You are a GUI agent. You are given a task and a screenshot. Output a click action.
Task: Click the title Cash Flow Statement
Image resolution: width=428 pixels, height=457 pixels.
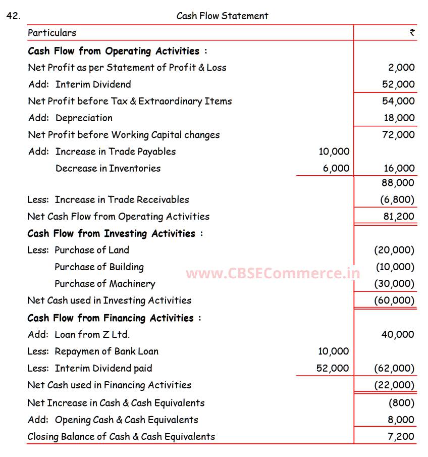point(222,16)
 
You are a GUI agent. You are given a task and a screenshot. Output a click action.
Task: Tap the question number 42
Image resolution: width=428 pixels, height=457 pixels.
point(13,16)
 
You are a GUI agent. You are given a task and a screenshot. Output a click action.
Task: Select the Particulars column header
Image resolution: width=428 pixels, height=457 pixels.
point(52,33)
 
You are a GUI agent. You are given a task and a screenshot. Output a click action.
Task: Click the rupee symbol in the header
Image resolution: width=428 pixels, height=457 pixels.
point(412,32)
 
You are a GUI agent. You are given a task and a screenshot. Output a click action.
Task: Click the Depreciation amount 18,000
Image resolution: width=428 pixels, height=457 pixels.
point(399,118)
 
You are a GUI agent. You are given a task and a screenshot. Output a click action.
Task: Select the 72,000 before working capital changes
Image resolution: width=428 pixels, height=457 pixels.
point(398,135)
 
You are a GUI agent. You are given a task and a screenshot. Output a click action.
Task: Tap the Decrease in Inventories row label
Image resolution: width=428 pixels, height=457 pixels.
point(108,169)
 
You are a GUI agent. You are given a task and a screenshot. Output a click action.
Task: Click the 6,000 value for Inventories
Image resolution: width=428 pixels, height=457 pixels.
point(336,169)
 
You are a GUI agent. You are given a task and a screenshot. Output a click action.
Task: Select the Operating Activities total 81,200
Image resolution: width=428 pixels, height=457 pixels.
point(398,217)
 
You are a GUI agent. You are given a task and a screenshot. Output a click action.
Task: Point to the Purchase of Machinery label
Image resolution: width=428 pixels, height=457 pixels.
point(104,284)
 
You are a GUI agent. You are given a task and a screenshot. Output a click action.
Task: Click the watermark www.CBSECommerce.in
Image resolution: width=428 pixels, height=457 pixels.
point(273,274)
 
